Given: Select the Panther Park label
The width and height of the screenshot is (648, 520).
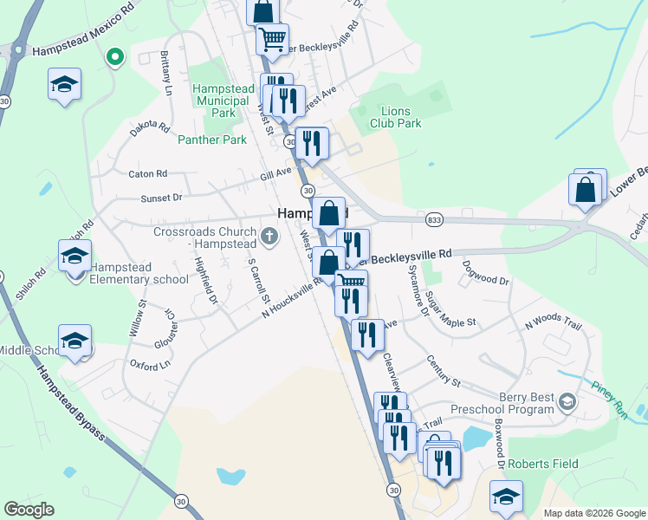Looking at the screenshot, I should (x=212, y=139).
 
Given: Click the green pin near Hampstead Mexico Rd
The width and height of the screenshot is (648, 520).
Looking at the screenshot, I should (x=113, y=58).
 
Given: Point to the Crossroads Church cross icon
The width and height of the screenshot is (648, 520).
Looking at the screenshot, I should (x=269, y=233).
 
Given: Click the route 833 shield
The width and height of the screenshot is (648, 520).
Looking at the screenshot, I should (x=434, y=219).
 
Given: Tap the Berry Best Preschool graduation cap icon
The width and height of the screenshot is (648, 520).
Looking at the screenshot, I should (x=567, y=402).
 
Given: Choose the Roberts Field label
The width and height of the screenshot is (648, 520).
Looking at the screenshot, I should (x=542, y=464).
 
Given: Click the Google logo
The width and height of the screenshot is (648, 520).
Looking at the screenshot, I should (x=29, y=510).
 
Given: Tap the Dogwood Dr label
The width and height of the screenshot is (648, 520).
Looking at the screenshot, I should (x=486, y=273).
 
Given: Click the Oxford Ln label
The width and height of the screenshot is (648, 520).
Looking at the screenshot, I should (x=148, y=365).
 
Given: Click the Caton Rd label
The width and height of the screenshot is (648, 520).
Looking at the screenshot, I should (x=147, y=174).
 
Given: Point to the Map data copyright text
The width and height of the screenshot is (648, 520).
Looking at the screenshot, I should (x=594, y=513).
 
